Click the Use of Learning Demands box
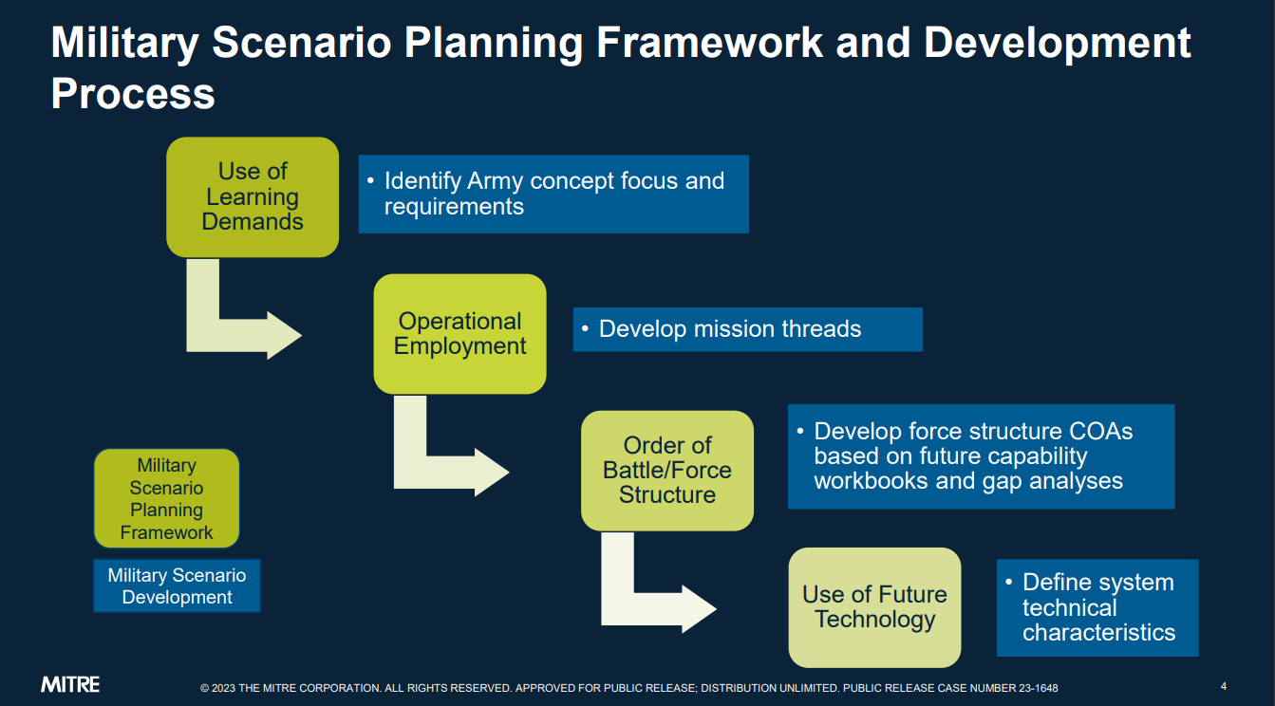coord(253,196)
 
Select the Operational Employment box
coord(459,334)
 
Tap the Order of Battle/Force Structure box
coord(667,471)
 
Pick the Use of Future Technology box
coord(875,607)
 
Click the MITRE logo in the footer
coord(70,684)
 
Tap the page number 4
coord(1223,686)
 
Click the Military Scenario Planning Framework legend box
coord(166,498)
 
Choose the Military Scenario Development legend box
coord(177,586)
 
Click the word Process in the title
coord(133,94)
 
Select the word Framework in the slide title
coord(710,43)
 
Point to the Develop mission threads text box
coord(748,329)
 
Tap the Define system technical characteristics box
coord(1097,607)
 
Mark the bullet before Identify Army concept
coord(370,181)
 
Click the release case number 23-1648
coord(1039,688)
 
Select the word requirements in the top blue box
coord(454,207)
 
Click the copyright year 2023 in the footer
coord(223,688)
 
